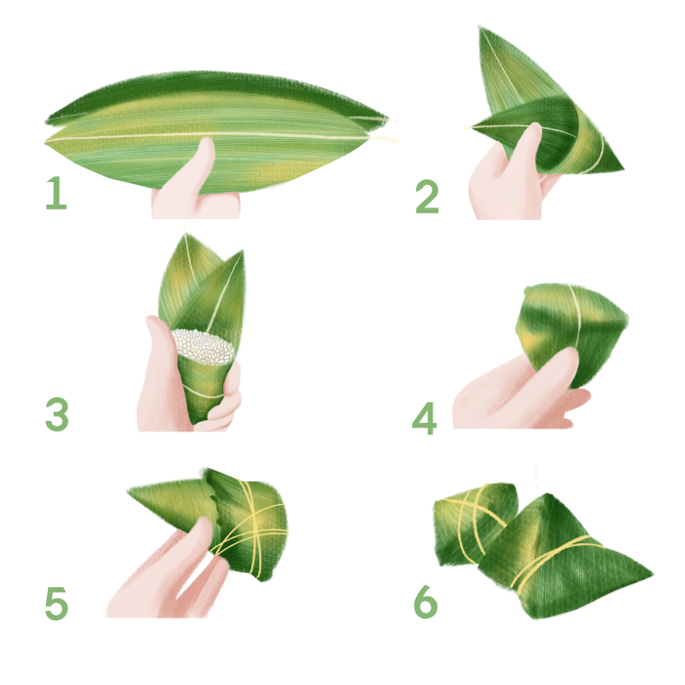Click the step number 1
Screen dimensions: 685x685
pyautogui.click(x=56, y=193)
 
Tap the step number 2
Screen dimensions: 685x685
pyautogui.click(x=427, y=197)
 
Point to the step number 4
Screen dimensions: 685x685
pyautogui.click(x=424, y=419)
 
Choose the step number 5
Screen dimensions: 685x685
pyautogui.click(x=57, y=603)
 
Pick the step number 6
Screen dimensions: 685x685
pyautogui.click(x=425, y=602)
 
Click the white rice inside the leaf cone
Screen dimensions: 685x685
pyautogui.click(x=203, y=346)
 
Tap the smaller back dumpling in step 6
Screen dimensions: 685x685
pyautogui.click(x=474, y=522)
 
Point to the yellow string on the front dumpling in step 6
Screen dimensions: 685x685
pyautogui.click(x=553, y=562)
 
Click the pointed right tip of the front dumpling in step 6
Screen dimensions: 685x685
pyautogui.click(x=653, y=574)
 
